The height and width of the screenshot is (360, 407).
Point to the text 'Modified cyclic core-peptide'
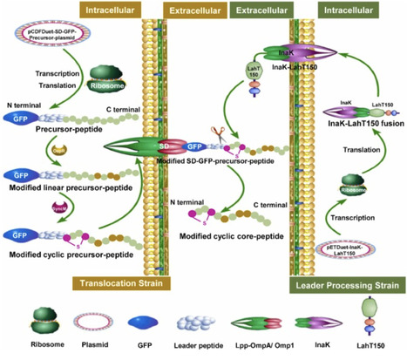pos(229,234)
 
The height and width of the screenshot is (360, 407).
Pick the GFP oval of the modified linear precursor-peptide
pos(19,173)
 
